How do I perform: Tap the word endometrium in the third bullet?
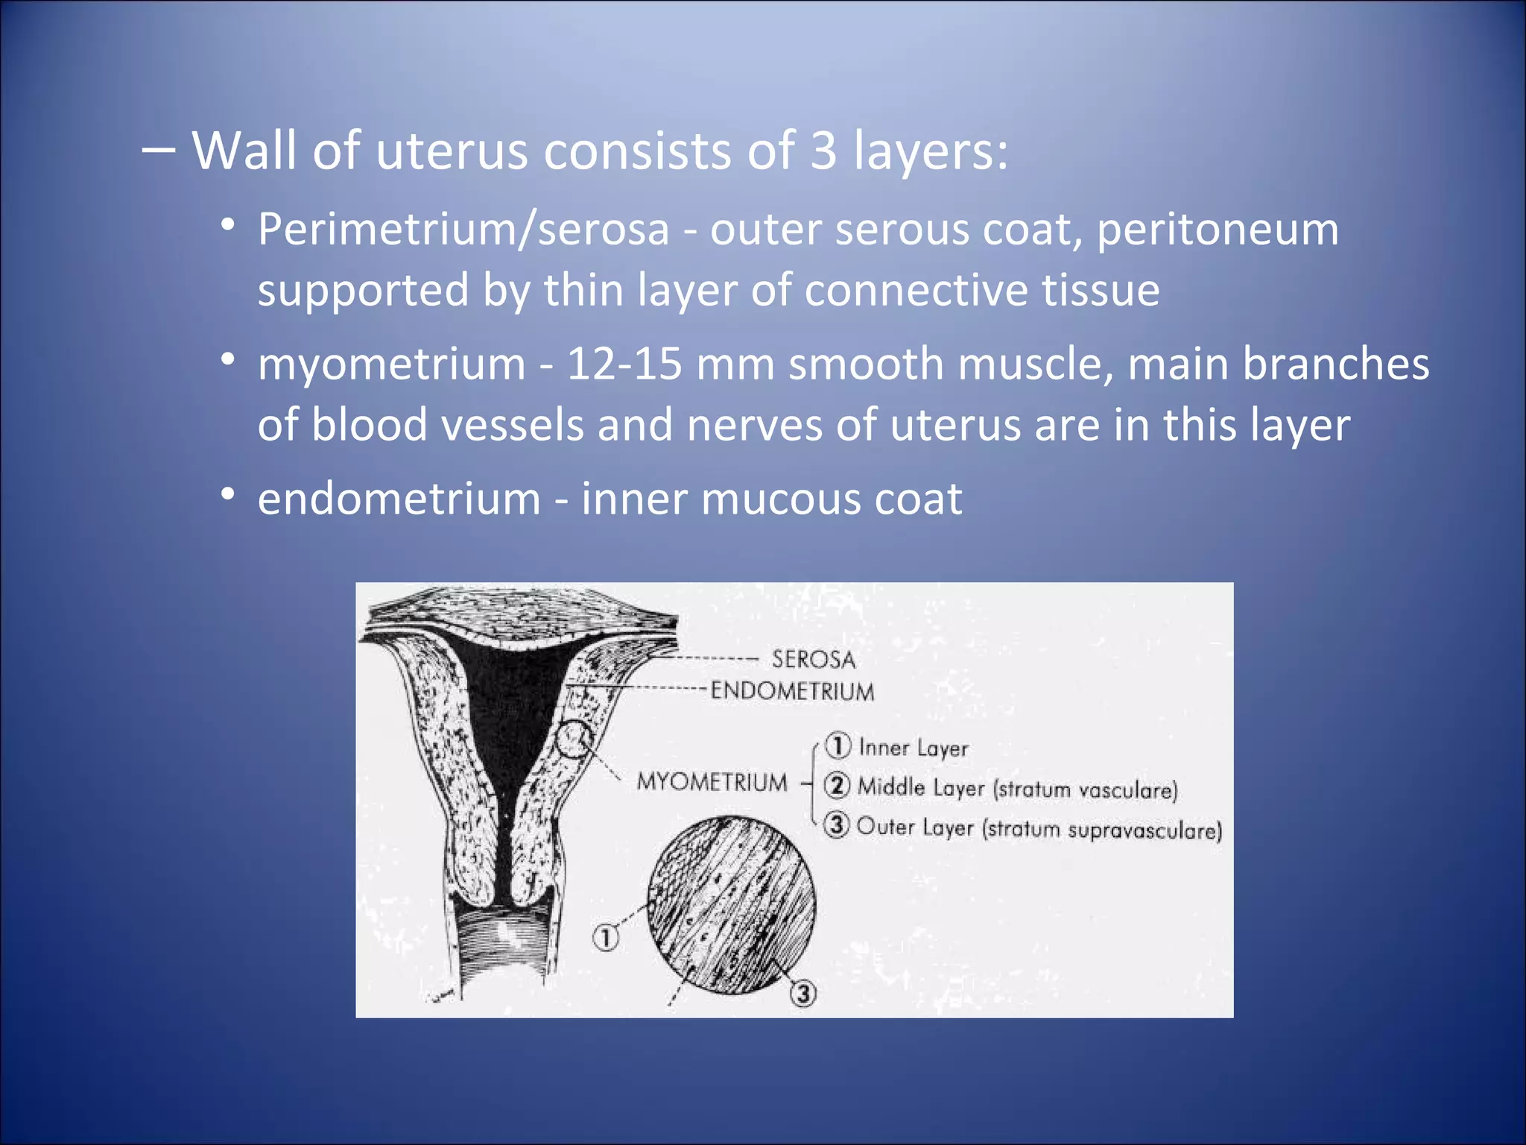399,499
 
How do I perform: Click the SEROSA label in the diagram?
813,660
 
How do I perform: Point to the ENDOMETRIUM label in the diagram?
792,691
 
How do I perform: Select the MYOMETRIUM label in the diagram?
712,783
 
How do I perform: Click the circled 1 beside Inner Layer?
838,745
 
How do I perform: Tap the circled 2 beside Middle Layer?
838,786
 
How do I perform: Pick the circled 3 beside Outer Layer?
837,825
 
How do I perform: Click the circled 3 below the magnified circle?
803,994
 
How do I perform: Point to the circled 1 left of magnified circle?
605,938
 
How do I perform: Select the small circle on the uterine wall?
574,739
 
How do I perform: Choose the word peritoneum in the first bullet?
1218,229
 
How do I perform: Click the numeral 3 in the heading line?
823,151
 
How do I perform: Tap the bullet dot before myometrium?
229,359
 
